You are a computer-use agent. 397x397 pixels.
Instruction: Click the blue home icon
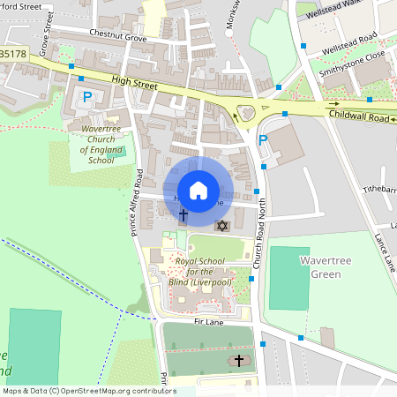pyautogui.click(x=198, y=190)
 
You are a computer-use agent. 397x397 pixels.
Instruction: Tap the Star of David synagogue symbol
pyautogui.click(x=222, y=227)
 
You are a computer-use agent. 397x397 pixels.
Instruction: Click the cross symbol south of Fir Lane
pyautogui.click(x=239, y=361)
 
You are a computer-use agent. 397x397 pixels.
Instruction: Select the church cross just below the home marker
pyautogui.click(x=184, y=214)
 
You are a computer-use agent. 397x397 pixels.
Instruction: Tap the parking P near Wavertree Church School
pyautogui.click(x=86, y=96)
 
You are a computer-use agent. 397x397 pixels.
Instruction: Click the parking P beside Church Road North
pyautogui.click(x=262, y=139)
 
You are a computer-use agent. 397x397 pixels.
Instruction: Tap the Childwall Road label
pyautogui.click(x=359, y=116)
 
